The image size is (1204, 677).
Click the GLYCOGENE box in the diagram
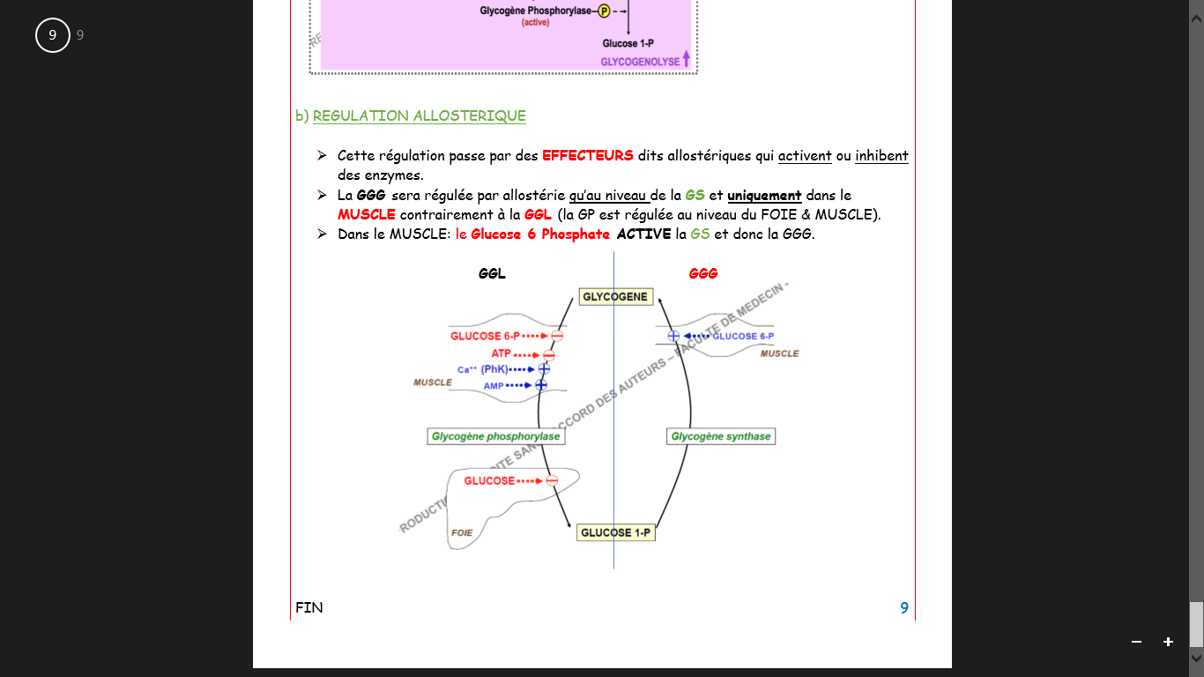click(x=615, y=297)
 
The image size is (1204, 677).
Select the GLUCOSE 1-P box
click(x=616, y=532)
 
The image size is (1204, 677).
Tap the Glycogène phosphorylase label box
click(x=495, y=436)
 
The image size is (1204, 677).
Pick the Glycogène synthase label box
click(x=720, y=436)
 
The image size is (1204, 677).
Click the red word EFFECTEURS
click(x=587, y=156)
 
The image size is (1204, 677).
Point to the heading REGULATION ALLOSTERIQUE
click(x=419, y=115)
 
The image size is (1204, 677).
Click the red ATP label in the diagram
click(x=501, y=353)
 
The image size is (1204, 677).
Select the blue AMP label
click(x=493, y=386)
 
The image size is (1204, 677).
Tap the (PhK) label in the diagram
click(x=494, y=369)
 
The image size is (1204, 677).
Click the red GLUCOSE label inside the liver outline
click(x=489, y=480)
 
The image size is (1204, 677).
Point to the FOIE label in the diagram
click(x=462, y=532)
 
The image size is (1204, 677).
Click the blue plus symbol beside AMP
click(x=541, y=385)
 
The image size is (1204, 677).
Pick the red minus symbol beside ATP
click(x=548, y=354)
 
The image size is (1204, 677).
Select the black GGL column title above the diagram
click(x=492, y=274)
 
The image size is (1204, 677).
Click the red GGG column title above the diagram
click(x=702, y=274)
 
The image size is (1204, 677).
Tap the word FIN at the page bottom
click(x=309, y=607)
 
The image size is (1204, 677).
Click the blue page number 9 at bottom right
click(x=903, y=607)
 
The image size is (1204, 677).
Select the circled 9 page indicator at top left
click(x=53, y=35)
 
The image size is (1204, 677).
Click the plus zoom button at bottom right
click(x=1168, y=642)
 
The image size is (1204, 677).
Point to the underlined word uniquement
click(x=764, y=196)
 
